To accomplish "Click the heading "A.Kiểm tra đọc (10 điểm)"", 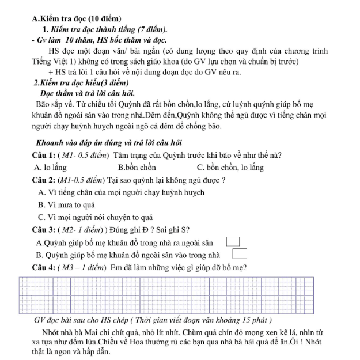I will click(77, 19).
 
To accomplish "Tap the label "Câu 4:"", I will click(44, 267).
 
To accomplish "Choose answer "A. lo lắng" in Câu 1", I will click(51, 168).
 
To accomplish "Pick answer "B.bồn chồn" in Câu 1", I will click(137, 168).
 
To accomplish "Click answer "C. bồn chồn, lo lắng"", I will click(230, 168).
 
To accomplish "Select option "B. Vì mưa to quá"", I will click(66, 205).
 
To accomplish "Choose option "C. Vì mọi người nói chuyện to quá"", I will click(95, 218).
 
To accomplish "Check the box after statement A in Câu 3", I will click(233, 242).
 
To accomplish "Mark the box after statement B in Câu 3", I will click(240, 254).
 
